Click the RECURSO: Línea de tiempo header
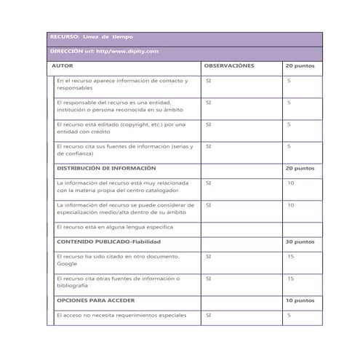[x=91, y=37]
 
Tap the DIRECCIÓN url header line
[x=104, y=52]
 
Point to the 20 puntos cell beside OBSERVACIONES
[x=300, y=65]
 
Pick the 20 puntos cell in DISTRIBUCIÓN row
[x=300, y=168]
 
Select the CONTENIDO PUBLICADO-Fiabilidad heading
[x=108, y=241]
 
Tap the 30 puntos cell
[x=300, y=241]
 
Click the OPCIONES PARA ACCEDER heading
[x=95, y=300]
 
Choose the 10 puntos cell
[x=300, y=300]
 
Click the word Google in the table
[x=67, y=264]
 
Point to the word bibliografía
[x=73, y=286]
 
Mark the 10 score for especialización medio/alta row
[x=290, y=205]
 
